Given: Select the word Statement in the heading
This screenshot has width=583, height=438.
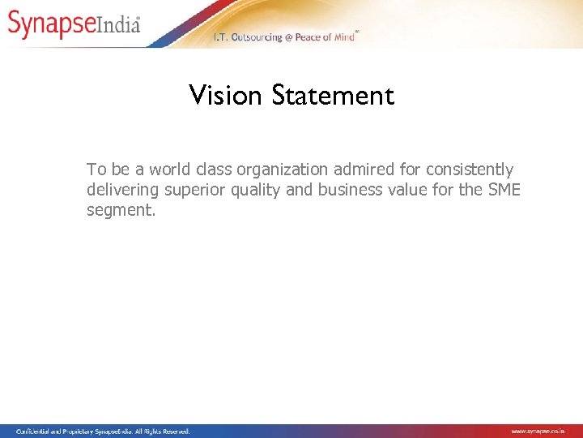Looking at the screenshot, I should (x=333, y=96).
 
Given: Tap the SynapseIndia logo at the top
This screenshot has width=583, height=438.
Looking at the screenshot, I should (x=74, y=24).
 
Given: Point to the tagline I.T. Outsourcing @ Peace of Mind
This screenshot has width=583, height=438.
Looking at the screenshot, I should (x=283, y=37).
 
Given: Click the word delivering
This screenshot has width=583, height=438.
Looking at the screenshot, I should (x=124, y=190).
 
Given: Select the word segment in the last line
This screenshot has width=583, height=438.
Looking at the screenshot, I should (x=120, y=211).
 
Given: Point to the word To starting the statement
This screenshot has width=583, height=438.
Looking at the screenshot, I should (x=96, y=170).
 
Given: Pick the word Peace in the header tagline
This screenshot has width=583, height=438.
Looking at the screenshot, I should (x=308, y=37).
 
